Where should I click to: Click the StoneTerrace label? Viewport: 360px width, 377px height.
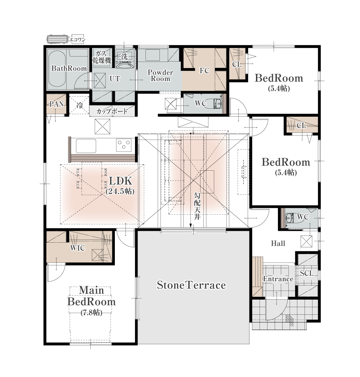tap(191, 285)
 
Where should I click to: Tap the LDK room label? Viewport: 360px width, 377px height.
tap(120, 181)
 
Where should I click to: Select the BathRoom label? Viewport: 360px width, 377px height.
tap(69, 68)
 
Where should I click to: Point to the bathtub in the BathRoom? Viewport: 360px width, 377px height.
tap(57, 69)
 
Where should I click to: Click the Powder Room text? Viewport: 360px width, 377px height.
tap(160, 76)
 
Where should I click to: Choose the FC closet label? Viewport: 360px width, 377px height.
tap(204, 71)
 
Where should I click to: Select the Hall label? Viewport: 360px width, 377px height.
tap(278, 243)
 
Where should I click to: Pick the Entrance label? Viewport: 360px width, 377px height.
tap(278, 279)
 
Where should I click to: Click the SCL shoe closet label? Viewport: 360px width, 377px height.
tap(307, 273)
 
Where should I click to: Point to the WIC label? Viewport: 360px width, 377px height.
tap(77, 248)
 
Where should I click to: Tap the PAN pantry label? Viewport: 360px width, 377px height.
tap(57, 104)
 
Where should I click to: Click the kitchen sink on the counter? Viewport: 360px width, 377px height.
tap(86, 146)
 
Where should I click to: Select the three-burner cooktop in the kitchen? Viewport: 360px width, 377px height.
tap(124, 145)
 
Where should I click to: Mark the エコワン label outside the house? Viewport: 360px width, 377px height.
tap(77, 40)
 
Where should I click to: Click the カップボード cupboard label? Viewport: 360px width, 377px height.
tap(112, 111)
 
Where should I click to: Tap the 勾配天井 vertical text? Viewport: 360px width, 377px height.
tap(197, 206)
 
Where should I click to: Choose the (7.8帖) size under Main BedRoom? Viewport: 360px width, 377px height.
tap(91, 313)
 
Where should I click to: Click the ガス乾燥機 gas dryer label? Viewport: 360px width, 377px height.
tap(102, 57)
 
